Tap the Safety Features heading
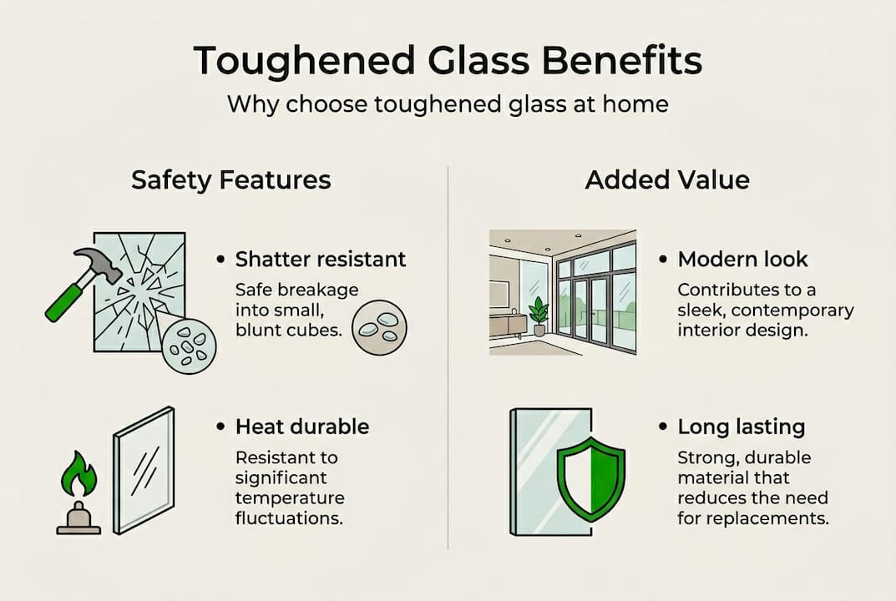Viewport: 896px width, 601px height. click(x=231, y=180)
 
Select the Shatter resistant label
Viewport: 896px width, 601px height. click(x=321, y=260)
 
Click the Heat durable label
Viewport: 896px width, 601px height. click(x=302, y=427)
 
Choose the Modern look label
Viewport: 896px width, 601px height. click(x=742, y=260)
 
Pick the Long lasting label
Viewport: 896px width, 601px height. click(x=741, y=427)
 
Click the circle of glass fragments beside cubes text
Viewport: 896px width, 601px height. click(x=380, y=328)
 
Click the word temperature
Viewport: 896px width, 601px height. click(x=290, y=498)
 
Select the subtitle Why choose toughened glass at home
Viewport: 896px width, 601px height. click(x=448, y=106)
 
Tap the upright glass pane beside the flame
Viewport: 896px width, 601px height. click(x=144, y=469)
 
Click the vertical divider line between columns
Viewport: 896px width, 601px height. click(x=448, y=359)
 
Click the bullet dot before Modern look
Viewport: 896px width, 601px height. click(x=663, y=260)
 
